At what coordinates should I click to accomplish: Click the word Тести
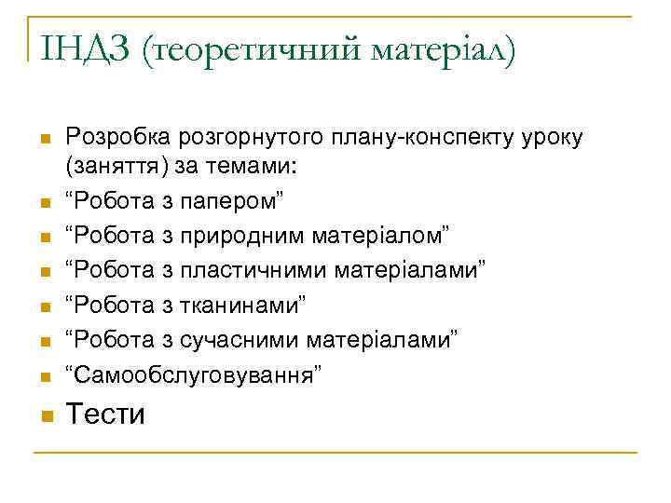click(105, 414)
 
